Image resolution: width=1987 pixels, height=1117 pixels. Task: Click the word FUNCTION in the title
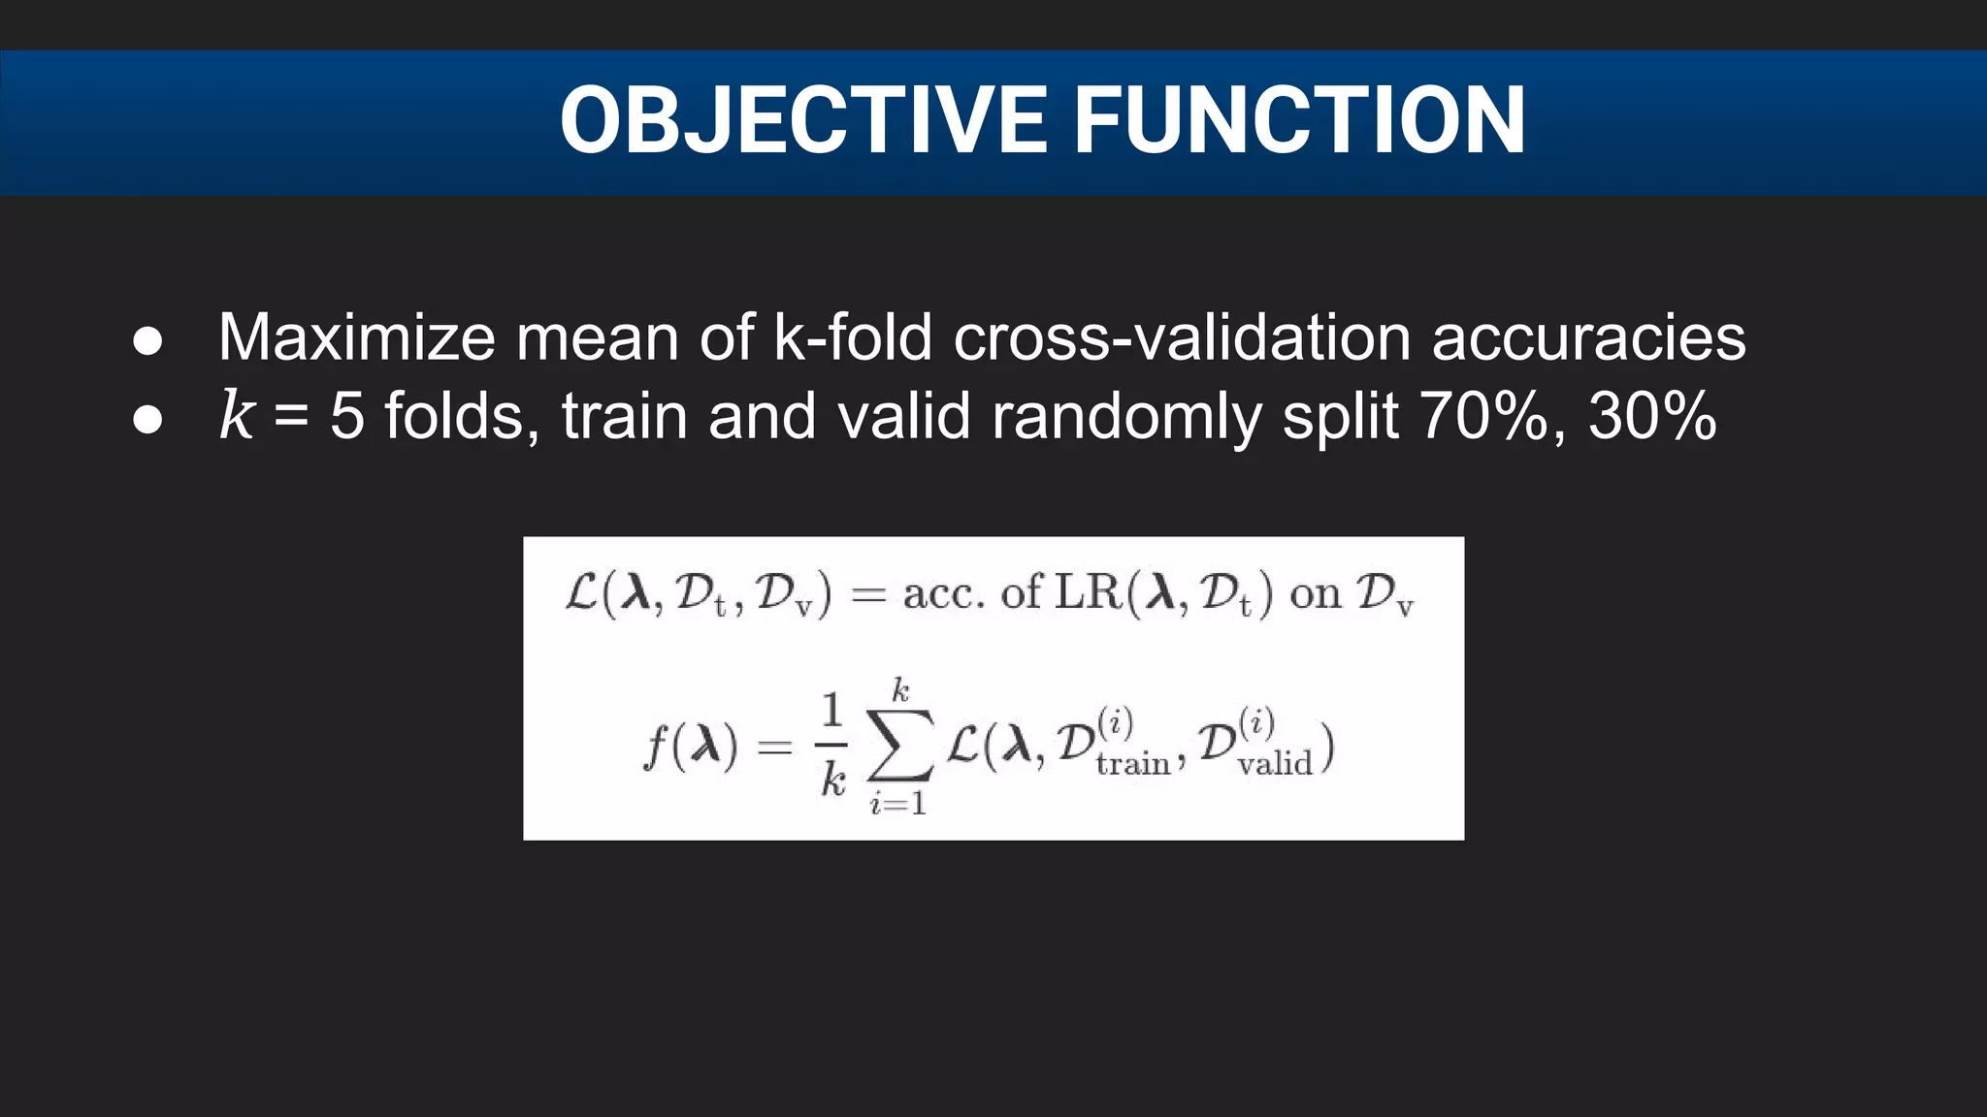pyautogui.click(x=1299, y=120)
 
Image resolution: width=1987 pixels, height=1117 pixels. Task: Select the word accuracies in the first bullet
pyautogui.click(x=1588, y=337)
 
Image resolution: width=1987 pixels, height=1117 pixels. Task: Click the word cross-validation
pyautogui.click(x=1182, y=337)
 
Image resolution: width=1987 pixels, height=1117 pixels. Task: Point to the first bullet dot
pyautogui.click(x=147, y=341)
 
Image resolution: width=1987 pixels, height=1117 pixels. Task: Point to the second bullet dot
pyautogui.click(x=147, y=420)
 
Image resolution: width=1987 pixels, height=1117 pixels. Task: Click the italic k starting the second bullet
pyautogui.click(x=236, y=415)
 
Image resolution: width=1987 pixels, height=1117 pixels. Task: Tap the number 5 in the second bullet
pyautogui.click(x=346, y=416)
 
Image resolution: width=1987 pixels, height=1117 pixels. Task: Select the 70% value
pyautogui.click(x=1482, y=416)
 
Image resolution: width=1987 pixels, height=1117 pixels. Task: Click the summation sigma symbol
pyautogui.click(x=900, y=747)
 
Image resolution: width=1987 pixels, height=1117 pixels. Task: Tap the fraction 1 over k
pyautogui.click(x=832, y=747)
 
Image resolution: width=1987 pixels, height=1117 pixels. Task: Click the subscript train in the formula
pyautogui.click(x=1133, y=765)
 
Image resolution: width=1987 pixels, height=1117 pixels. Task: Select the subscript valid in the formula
pyautogui.click(x=1275, y=765)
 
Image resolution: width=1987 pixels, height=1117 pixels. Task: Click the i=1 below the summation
pyautogui.click(x=898, y=804)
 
